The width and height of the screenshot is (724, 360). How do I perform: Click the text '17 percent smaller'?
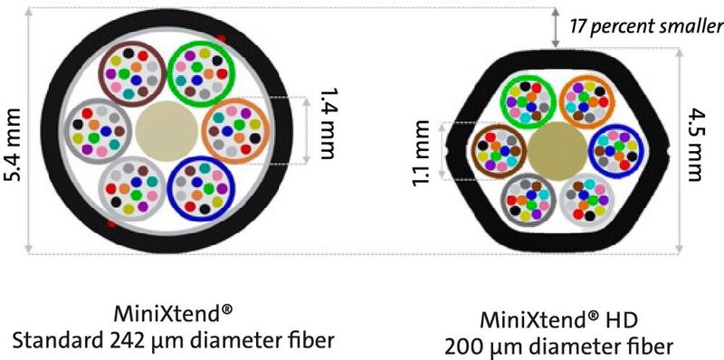pos(645,25)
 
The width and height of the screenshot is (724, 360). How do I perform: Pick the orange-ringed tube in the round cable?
pos(234,128)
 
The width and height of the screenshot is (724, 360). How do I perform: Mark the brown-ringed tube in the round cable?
pos(132,69)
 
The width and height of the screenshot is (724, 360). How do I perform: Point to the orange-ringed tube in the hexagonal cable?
pos(585,100)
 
